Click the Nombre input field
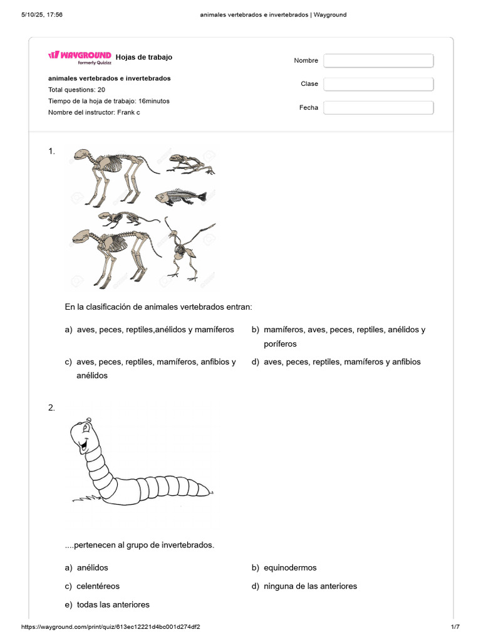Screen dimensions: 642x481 coord(378,60)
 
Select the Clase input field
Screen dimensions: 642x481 coord(378,84)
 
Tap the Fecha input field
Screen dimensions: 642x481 coord(378,108)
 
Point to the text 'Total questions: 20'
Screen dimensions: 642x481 coord(76,90)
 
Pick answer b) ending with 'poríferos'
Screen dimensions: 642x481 coord(344,337)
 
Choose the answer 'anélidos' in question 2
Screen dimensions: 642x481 coord(92,567)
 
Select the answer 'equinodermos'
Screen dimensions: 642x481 coord(290,567)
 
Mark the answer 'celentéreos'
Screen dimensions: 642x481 coord(98,586)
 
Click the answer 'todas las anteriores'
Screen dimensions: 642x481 coord(113,604)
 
